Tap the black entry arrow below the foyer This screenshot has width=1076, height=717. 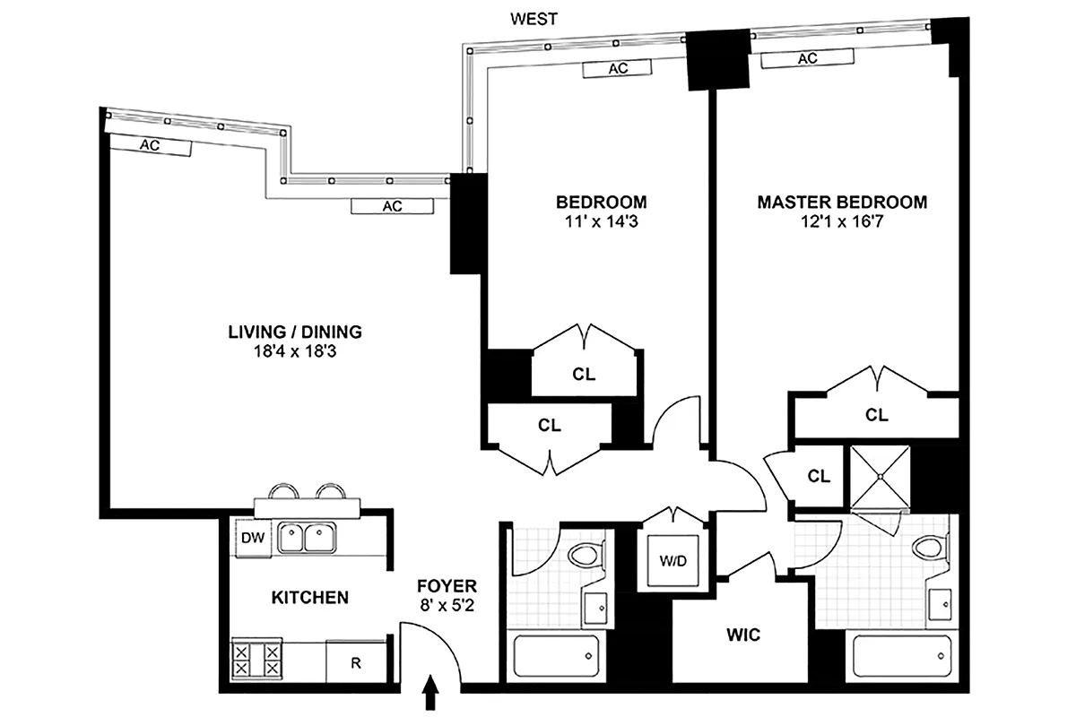click(431, 691)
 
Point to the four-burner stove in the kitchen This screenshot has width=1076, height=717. click(257, 661)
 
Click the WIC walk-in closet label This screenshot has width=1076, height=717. click(743, 635)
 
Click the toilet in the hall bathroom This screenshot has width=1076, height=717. click(583, 557)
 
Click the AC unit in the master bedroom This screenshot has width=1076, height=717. click(807, 59)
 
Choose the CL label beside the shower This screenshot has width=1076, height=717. click(818, 476)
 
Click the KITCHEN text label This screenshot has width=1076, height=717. click(309, 597)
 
